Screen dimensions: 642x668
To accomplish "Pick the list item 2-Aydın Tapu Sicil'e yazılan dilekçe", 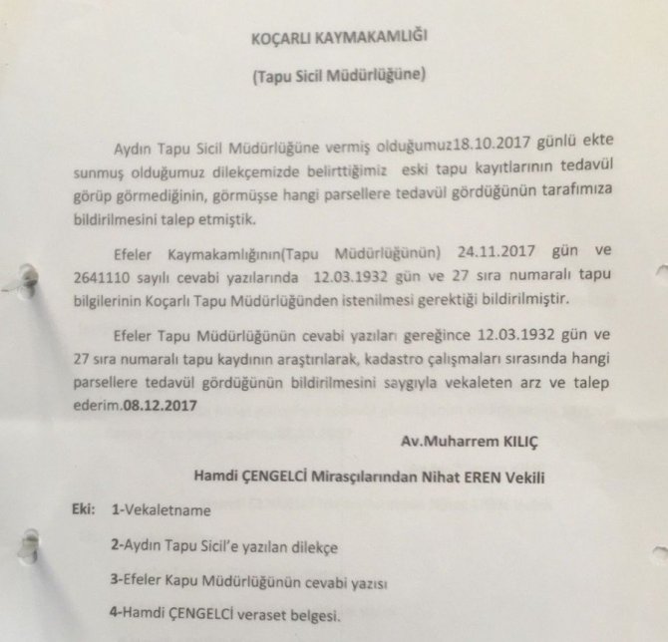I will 225,546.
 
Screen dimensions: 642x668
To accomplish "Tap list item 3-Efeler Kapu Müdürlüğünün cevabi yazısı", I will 249,581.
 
